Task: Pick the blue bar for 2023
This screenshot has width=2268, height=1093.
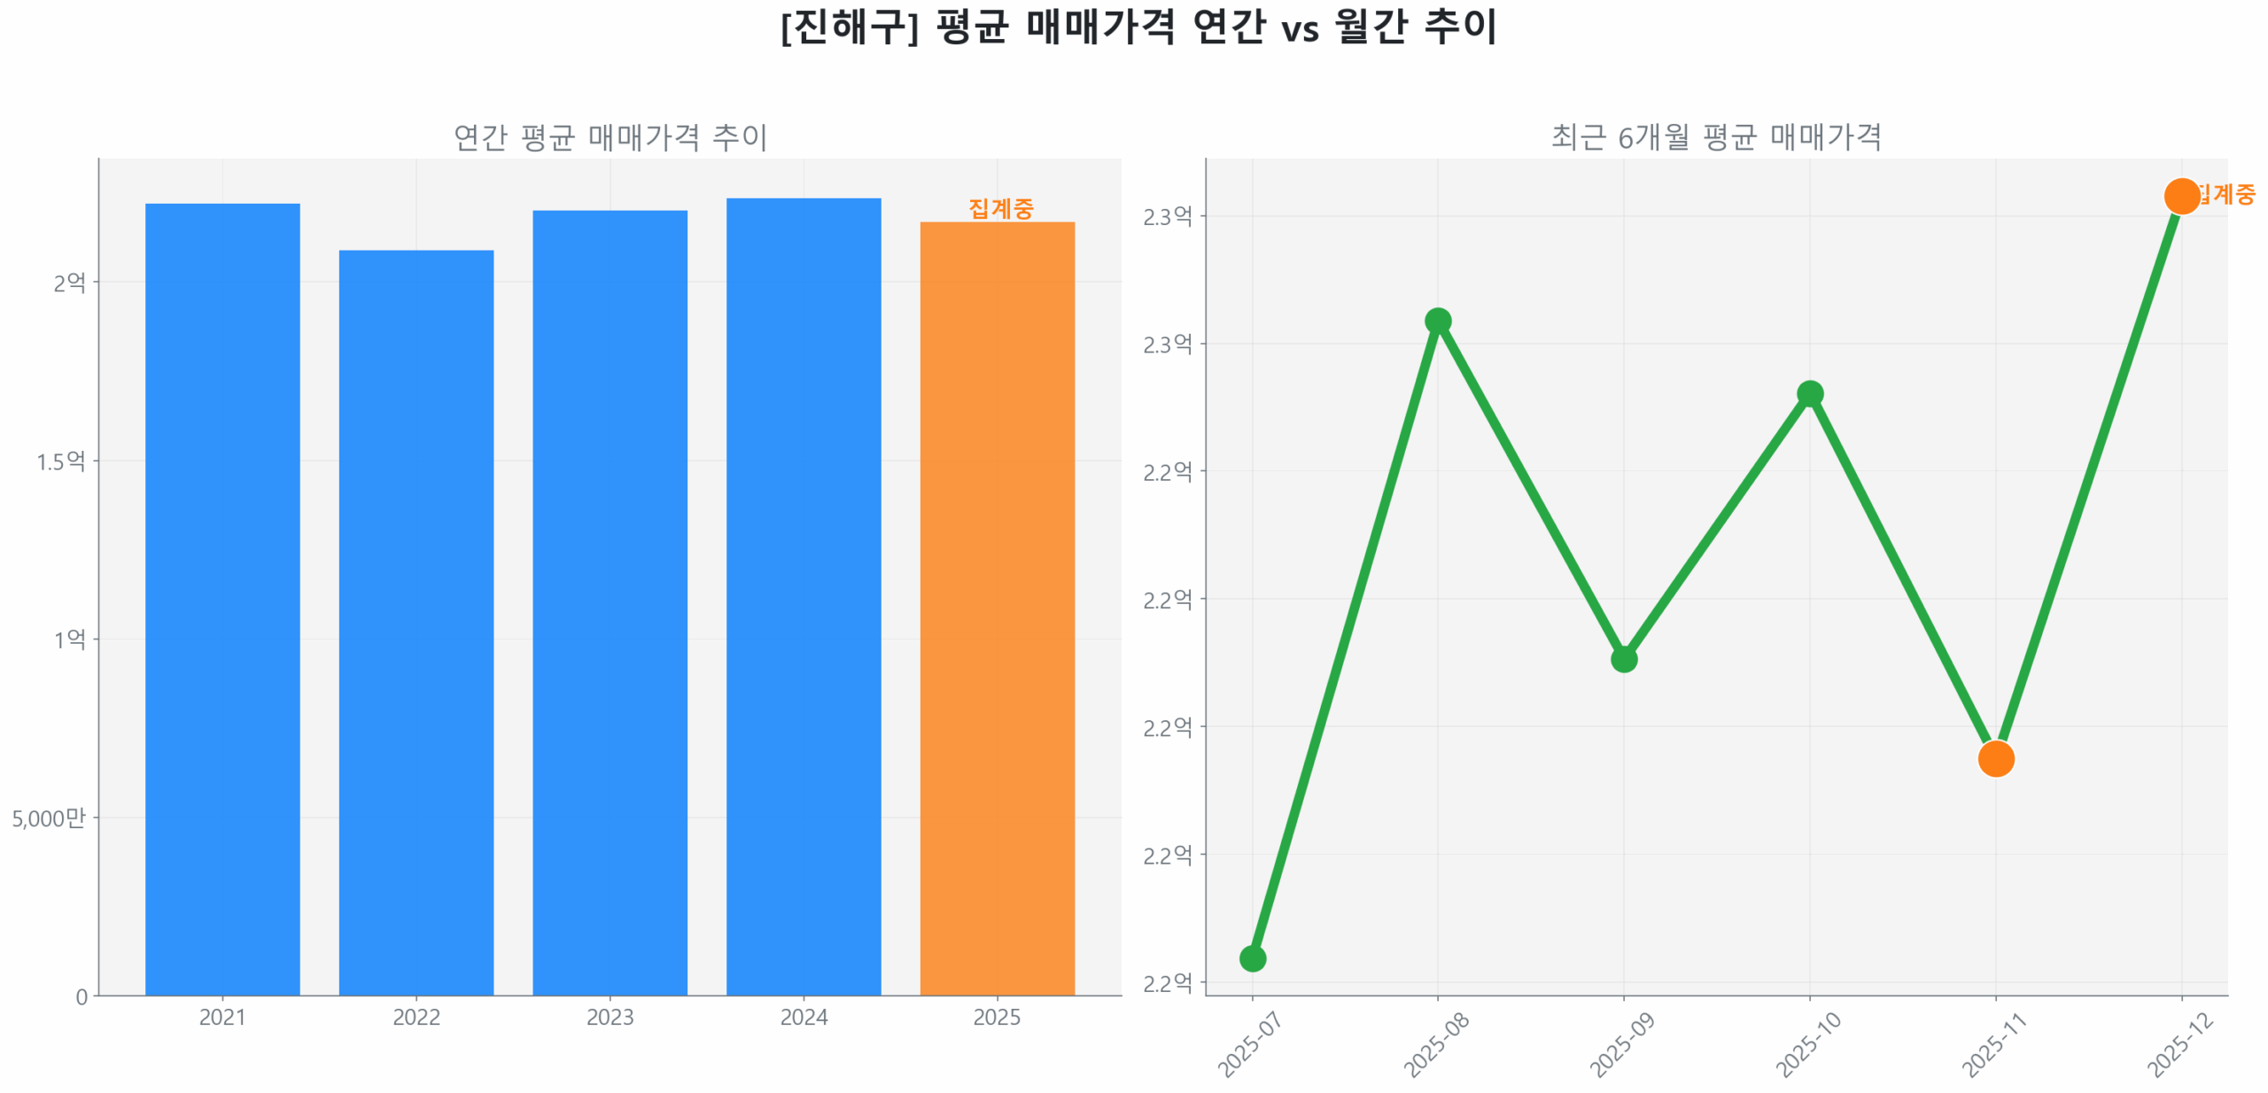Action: (610, 602)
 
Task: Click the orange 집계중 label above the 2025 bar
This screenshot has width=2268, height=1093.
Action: (1000, 208)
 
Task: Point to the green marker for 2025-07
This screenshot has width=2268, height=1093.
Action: (1252, 957)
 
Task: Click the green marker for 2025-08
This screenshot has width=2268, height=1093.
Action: (1438, 321)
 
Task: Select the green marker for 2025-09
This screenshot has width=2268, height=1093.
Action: (1623, 659)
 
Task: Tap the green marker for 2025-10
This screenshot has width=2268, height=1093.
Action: (1809, 394)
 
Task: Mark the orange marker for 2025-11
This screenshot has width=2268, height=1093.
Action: (1995, 758)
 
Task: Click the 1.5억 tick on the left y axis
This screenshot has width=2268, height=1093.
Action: (60, 461)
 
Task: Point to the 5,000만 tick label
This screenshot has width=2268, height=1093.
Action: (49, 818)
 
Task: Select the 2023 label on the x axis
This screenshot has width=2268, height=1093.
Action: (610, 1017)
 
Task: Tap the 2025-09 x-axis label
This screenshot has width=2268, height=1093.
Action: (1621, 1045)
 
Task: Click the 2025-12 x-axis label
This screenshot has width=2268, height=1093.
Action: (2179, 1045)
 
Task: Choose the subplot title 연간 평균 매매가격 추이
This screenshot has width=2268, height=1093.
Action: (610, 137)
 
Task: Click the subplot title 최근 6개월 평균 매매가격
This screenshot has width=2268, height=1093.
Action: (1715, 137)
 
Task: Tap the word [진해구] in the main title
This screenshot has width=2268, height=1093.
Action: (850, 27)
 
